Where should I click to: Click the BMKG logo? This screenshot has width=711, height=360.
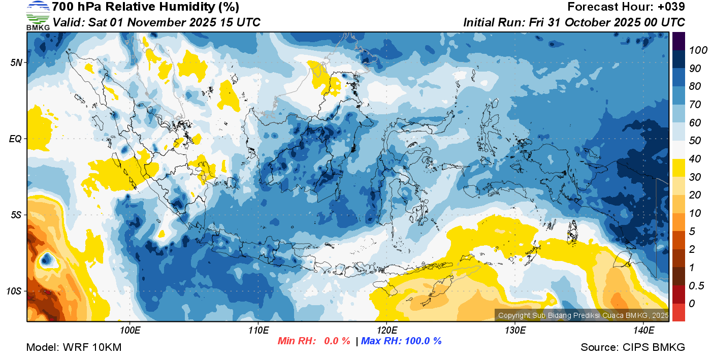[38, 16]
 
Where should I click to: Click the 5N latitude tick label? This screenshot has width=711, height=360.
[16, 62]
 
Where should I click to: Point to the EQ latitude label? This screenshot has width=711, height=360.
[15, 139]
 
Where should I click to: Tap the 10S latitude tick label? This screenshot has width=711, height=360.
[14, 291]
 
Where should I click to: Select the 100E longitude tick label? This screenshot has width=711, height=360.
[130, 331]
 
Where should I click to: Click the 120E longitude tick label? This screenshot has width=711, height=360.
[386, 331]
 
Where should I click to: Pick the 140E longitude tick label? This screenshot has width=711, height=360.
[643, 331]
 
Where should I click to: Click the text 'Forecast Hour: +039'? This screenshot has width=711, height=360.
[626, 7]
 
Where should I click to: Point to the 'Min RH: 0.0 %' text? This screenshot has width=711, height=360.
[313, 341]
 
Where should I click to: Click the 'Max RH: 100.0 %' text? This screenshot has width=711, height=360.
[401, 341]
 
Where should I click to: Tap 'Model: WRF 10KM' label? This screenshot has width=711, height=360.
[74, 347]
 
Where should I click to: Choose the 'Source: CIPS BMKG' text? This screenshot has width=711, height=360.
[633, 347]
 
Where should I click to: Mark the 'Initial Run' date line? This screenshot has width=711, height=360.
[574, 22]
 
